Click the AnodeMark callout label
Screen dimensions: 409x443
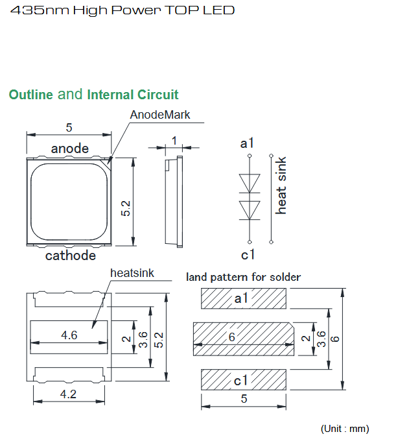click(159, 115)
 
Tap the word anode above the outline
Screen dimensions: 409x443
click(70, 149)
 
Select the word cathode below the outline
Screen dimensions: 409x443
click(71, 256)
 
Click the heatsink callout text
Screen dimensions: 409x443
click(132, 273)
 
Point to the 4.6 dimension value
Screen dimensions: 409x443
click(69, 335)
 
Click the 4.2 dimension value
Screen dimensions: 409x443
click(68, 394)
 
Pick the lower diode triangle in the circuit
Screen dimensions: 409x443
click(250, 210)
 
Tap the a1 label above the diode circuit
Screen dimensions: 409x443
click(247, 143)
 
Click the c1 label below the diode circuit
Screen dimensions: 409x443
click(248, 255)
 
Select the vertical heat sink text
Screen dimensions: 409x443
click(281, 186)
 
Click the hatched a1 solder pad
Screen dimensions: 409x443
click(244, 298)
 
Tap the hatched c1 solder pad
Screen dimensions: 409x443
click(244, 379)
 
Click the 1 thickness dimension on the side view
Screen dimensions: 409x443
click(174, 140)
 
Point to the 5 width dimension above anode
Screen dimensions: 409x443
click(69, 127)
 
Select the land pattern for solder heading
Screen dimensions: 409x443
click(243, 277)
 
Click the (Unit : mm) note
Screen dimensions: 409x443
click(345, 429)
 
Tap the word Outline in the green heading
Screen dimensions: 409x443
click(31, 95)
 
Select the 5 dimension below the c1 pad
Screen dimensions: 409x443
click(244, 399)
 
